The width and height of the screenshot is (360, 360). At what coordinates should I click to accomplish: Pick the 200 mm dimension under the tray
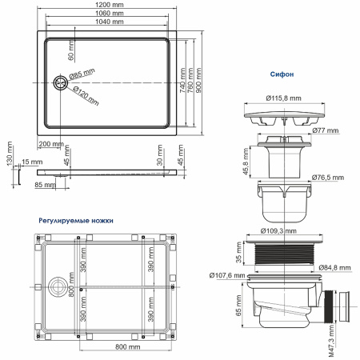(50, 143)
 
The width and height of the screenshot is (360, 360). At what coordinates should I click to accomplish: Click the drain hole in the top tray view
(58, 81)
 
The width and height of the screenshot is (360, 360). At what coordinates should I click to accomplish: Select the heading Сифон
(282, 74)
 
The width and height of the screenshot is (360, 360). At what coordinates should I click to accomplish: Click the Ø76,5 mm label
(326, 177)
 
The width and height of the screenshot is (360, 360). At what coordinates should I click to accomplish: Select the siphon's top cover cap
(282, 116)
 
